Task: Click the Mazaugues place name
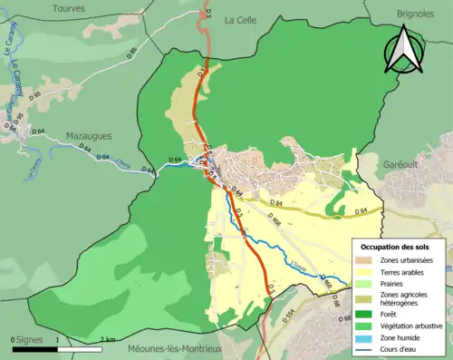point(89,136)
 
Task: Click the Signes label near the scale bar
point(30,339)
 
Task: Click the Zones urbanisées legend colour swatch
point(363,260)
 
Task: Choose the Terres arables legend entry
point(400,271)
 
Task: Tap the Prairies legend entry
point(391,283)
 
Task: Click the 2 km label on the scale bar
point(107,339)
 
